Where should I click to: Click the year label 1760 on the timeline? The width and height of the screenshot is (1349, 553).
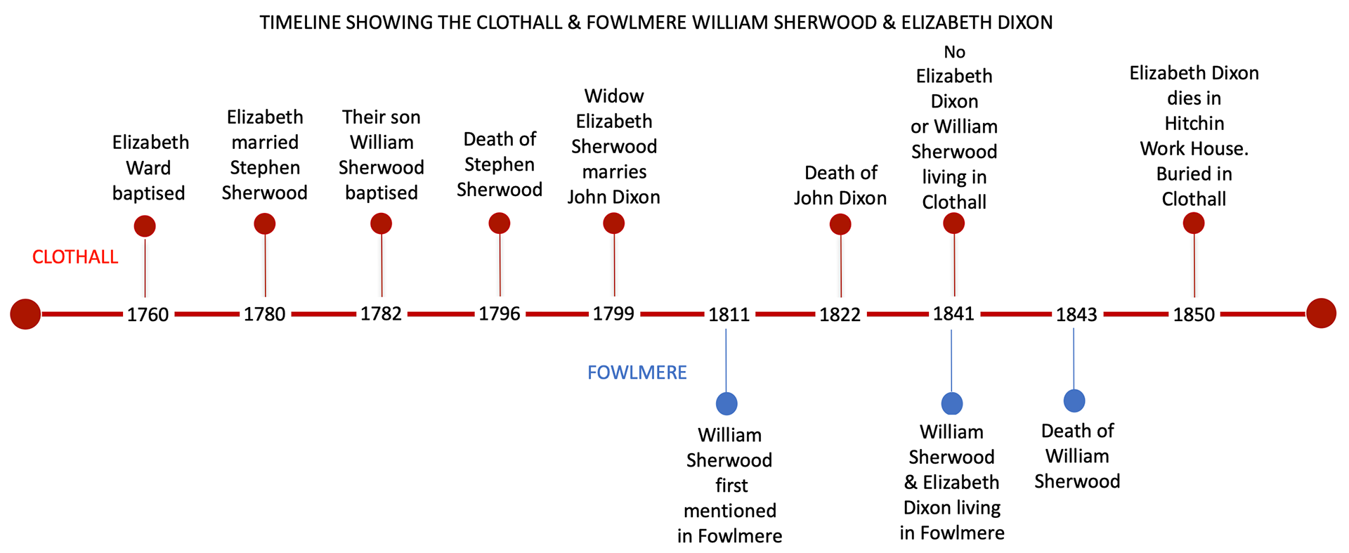click(148, 314)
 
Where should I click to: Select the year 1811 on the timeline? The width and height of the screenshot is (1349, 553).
click(729, 314)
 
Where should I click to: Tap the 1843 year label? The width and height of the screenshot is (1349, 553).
click(1076, 314)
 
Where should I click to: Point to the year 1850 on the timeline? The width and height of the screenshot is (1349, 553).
click(1193, 314)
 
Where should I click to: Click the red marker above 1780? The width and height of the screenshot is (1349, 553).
click(264, 224)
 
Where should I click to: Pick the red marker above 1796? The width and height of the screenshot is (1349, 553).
click(499, 223)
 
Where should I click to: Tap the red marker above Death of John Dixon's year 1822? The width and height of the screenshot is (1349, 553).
click(840, 224)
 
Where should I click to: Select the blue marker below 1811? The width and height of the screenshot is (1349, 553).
click(726, 403)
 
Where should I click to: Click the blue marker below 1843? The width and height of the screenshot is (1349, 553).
click(1074, 401)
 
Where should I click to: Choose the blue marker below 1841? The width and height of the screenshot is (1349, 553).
click(951, 403)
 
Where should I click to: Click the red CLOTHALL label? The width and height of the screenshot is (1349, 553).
click(75, 257)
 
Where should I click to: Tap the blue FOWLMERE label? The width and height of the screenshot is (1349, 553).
click(637, 372)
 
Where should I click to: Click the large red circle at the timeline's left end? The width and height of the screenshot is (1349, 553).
click(25, 313)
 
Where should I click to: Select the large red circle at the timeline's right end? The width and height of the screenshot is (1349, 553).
click(1321, 313)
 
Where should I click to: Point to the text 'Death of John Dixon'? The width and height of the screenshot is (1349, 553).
click(840, 186)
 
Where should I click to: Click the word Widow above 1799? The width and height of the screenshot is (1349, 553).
click(614, 96)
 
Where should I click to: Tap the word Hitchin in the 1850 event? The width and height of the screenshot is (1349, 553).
click(1194, 124)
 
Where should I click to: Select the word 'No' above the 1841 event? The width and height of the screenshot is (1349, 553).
click(954, 52)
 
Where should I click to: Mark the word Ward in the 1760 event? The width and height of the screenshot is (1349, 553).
click(148, 168)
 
